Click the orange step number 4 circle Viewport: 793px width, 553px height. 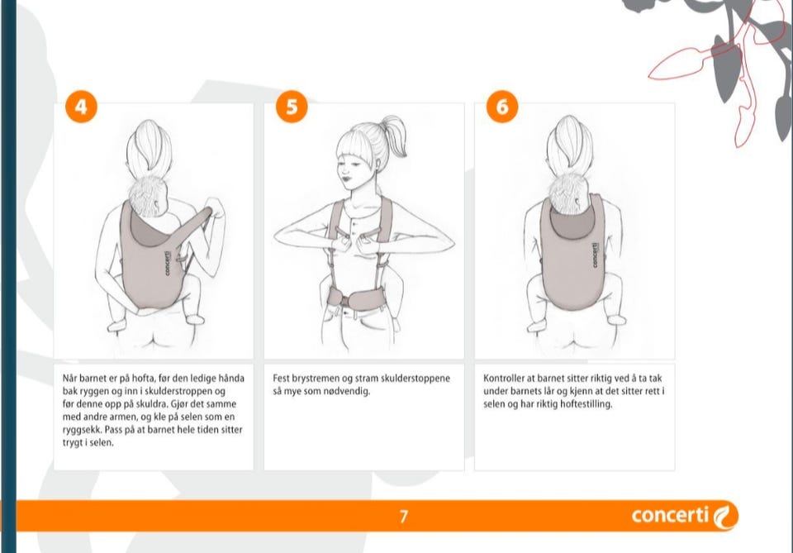(81, 107)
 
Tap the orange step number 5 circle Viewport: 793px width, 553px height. (292, 107)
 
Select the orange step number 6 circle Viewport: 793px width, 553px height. (502, 107)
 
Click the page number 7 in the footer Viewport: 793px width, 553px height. (404, 516)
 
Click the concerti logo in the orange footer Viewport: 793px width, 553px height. (685, 516)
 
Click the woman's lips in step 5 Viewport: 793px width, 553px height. (346, 179)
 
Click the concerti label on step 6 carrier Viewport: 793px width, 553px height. (595, 255)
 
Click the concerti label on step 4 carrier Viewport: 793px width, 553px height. (168, 263)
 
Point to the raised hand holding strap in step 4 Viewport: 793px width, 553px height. (215, 207)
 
